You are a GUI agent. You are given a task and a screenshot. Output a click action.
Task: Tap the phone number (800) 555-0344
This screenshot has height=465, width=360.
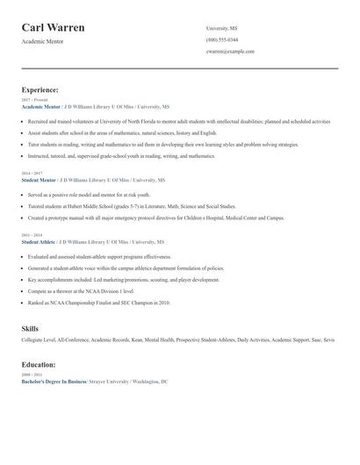click(x=221, y=39)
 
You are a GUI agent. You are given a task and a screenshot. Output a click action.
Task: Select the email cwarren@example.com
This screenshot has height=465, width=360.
click(x=230, y=52)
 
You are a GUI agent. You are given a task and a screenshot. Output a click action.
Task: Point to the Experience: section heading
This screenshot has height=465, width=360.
click(x=40, y=89)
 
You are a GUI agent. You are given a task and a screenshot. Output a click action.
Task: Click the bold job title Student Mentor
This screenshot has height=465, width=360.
click(x=39, y=179)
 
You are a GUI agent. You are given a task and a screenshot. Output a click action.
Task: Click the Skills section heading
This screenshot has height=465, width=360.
click(x=30, y=328)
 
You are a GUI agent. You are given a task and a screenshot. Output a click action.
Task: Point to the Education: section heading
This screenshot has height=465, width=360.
click(x=39, y=364)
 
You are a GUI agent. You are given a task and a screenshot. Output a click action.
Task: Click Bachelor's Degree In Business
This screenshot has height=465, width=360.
click(x=54, y=383)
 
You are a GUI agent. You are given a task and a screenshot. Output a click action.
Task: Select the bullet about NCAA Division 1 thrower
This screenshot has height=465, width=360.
click(x=80, y=290)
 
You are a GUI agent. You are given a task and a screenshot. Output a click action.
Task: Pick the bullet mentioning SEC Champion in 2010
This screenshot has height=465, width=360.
click(x=98, y=303)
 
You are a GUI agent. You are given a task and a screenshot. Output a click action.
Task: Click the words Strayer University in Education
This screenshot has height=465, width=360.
click(x=109, y=383)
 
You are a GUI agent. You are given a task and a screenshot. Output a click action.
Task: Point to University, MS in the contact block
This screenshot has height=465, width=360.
click(x=221, y=28)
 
